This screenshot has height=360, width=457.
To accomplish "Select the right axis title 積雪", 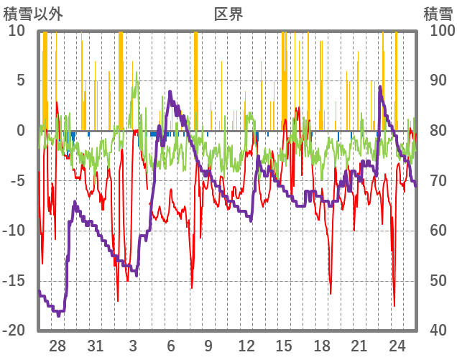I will [x=438, y=13].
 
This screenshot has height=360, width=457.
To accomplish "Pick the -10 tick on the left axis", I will [x=15, y=231].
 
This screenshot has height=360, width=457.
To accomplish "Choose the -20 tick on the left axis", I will [x=15, y=331].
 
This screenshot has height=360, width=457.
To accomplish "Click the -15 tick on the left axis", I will [x=15, y=281].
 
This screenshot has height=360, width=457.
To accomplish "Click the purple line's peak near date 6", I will [x=170, y=91].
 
